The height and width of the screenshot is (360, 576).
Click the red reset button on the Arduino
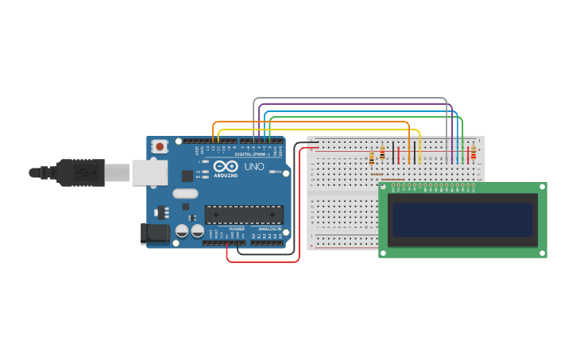(160, 146)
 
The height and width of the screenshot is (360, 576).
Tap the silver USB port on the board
(149, 172)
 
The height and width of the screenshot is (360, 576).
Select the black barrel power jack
(156, 232)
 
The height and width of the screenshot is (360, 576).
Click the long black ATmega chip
(244, 215)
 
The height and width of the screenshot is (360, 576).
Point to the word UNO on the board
(254, 167)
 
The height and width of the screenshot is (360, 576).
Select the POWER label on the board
(237, 229)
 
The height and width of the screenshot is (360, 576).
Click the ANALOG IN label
(269, 229)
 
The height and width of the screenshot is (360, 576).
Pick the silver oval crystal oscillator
(185, 193)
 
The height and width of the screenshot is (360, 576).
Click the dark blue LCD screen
(462, 219)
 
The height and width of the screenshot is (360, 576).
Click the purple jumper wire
(358, 104)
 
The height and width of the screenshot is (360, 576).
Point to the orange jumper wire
(310, 122)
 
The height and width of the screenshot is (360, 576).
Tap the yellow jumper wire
(318, 130)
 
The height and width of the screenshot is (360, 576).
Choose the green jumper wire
(365, 117)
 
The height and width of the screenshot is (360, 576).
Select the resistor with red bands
(474, 153)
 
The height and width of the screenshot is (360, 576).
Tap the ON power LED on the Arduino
(274, 172)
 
